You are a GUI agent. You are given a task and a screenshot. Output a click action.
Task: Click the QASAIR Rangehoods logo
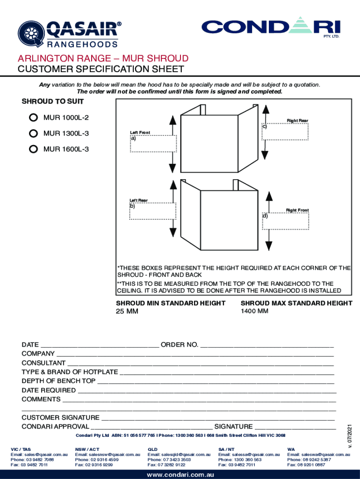pos(68,34)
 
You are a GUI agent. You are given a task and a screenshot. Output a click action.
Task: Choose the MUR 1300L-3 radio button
pos(33,133)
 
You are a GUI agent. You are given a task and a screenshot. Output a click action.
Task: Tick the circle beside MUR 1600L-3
pos(33,149)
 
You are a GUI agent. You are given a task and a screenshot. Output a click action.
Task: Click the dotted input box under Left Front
pos(153,144)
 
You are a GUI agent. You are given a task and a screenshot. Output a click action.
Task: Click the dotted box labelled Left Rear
pos(153,211)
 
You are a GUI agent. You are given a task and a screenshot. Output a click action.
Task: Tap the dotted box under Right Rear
pos(285,131)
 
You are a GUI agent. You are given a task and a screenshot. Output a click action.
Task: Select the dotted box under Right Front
pos(285,221)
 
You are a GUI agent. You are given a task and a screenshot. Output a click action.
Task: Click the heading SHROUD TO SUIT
pos(53,102)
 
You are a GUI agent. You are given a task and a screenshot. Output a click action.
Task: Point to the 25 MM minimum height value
pos(127,312)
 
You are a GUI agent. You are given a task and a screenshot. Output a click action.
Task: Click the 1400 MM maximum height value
pos(254,311)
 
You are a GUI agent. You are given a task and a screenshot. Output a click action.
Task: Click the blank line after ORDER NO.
pos(266,345)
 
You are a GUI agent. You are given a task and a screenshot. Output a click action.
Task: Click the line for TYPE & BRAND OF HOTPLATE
pos(227,372)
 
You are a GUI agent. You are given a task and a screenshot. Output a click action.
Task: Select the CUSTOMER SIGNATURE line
pos(218,418)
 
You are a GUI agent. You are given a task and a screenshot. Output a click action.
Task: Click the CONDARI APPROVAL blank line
pos(151,427)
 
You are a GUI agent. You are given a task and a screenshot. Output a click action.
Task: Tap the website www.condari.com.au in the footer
pos(180,474)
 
